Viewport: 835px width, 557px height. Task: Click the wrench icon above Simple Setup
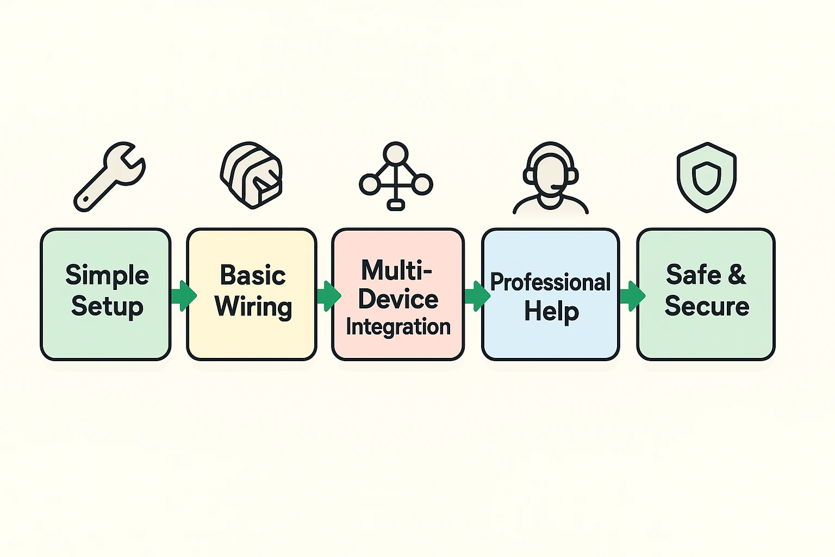click(x=109, y=176)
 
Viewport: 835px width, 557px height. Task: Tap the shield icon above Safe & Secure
click(x=706, y=177)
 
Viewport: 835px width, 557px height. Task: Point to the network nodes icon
click(x=396, y=176)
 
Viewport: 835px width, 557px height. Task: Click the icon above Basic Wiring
click(x=251, y=176)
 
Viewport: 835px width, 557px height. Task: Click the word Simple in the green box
click(x=107, y=275)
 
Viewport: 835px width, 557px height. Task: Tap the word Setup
click(x=107, y=306)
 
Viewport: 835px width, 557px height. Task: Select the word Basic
click(x=253, y=275)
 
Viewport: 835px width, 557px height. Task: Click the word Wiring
click(x=253, y=307)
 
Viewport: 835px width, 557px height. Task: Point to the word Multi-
click(x=397, y=270)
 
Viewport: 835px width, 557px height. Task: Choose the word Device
click(x=398, y=299)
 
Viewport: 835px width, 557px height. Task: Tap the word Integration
click(x=398, y=327)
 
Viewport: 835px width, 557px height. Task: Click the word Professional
click(x=550, y=282)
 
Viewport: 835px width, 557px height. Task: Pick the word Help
click(x=551, y=312)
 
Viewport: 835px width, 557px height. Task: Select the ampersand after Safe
click(x=737, y=275)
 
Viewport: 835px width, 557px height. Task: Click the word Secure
click(x=707, y=306)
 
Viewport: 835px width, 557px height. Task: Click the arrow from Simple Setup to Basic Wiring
click(x=183, y=296)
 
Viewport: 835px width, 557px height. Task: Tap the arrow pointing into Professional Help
click(x=477, y=296)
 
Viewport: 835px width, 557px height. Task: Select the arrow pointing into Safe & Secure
click(x=632, y=296)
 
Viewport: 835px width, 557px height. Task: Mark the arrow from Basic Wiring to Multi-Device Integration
click(x=328, y=296)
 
